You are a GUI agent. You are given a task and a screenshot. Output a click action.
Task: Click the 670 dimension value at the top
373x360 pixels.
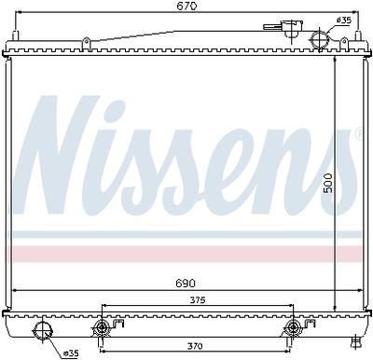pos(187,7)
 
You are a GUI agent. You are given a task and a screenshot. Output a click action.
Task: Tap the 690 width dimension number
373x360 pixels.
pos(186,284)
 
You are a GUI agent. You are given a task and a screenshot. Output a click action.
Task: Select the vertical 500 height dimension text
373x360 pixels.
pos(328,184)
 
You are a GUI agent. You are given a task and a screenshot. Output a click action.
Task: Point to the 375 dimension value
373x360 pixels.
pos(198,300)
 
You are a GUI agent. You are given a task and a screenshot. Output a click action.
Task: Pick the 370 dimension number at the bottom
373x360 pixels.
pos(195,346)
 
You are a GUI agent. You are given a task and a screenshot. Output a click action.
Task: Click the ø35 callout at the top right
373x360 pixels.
pos(344,21)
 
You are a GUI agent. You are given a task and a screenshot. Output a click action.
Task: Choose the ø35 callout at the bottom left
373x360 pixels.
pos(71,353)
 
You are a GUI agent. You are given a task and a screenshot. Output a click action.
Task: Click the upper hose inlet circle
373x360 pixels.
pos(319,39)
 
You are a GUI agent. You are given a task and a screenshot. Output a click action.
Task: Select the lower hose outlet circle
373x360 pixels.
pos(43,331)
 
